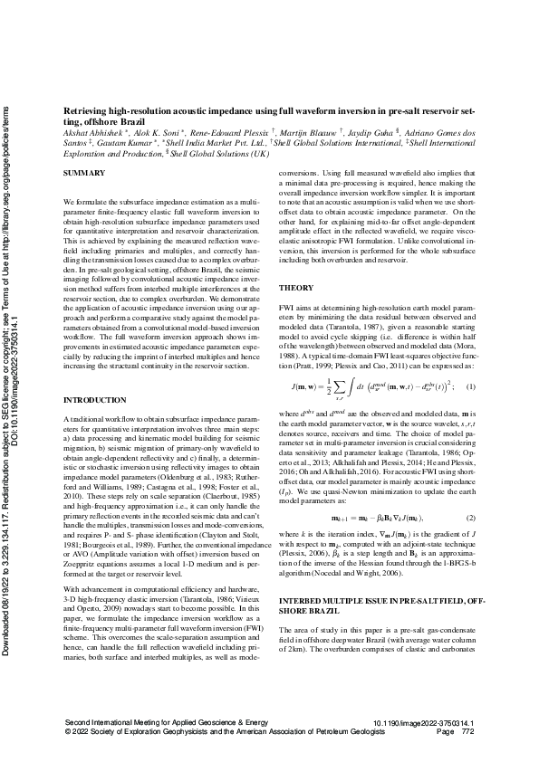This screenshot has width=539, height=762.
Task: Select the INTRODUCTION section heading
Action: [96, 399]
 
